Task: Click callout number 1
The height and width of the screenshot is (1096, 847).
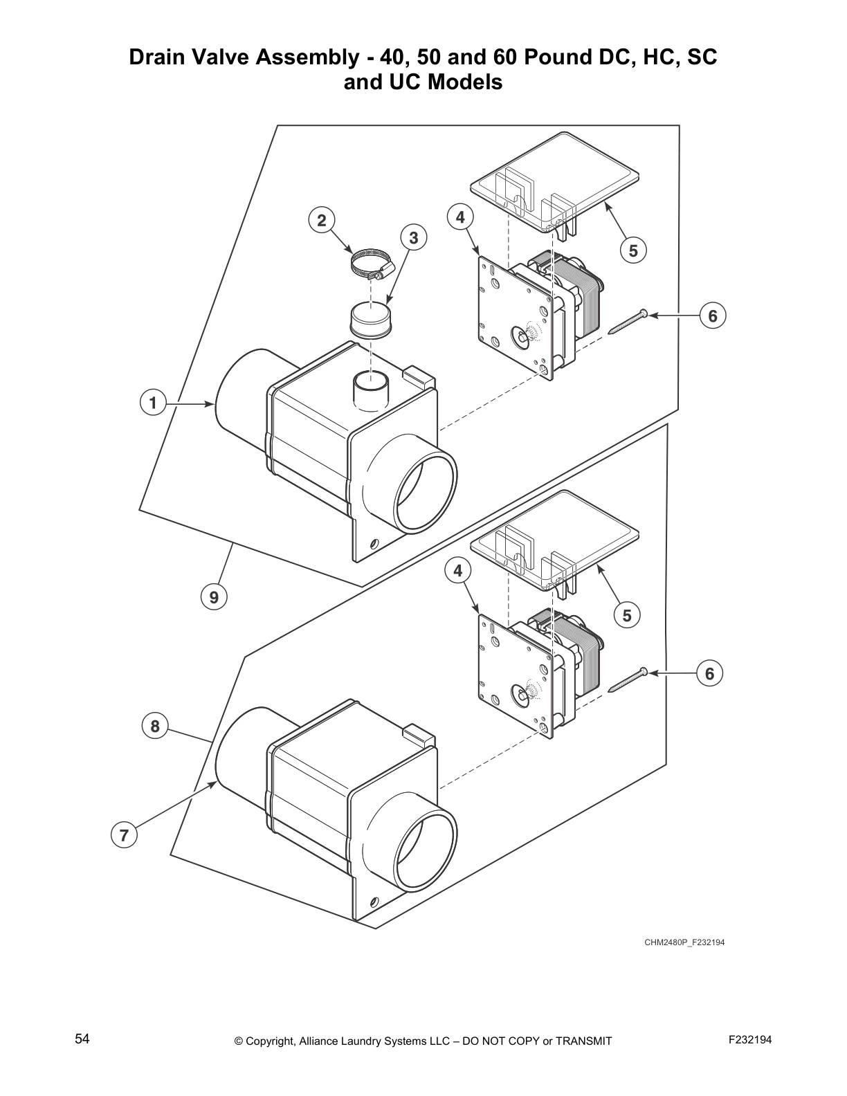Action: (x=152, y=403)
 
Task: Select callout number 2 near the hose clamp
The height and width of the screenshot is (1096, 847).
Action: (x=321, y=221)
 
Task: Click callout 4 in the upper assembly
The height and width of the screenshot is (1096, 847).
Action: (x=460, y=217)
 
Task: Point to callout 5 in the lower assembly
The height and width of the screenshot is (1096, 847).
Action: (x=626, y=615)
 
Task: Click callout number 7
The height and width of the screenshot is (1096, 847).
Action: (x=123, y=835)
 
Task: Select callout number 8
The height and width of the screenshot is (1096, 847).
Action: (x=154, y=726)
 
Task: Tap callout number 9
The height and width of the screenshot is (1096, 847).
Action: (x=214, y=596)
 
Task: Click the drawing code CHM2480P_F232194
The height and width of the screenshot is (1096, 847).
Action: (x=684, y=942)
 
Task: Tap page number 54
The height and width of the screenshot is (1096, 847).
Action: (x=82, y=1039)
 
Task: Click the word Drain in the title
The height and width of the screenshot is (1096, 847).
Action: (x=157, y=57)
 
